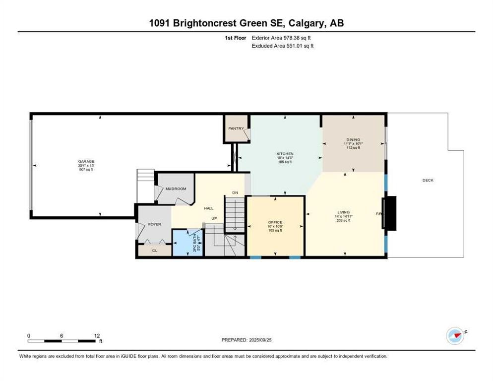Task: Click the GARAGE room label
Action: (x=86, y=161)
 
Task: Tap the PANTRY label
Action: (x=236, y=128)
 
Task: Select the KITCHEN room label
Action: (x=285, y=154)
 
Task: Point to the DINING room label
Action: (x=353, y=140)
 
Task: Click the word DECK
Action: (x=428, y=180)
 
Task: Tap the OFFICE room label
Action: (x=275, y=222)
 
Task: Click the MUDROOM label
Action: (x=176, y=189)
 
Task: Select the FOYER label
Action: (x=155, y=224)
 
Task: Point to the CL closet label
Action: (x=155, y=251)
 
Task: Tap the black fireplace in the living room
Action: (x=390, y=213)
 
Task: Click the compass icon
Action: (x=455, y=335)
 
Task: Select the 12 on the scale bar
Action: (x=97, y=335)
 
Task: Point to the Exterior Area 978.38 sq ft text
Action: (x=283, y=38)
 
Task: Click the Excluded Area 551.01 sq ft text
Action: (x=283, y=46)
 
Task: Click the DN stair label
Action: (x=235, y=192)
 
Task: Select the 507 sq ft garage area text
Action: (x=86, y=170)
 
